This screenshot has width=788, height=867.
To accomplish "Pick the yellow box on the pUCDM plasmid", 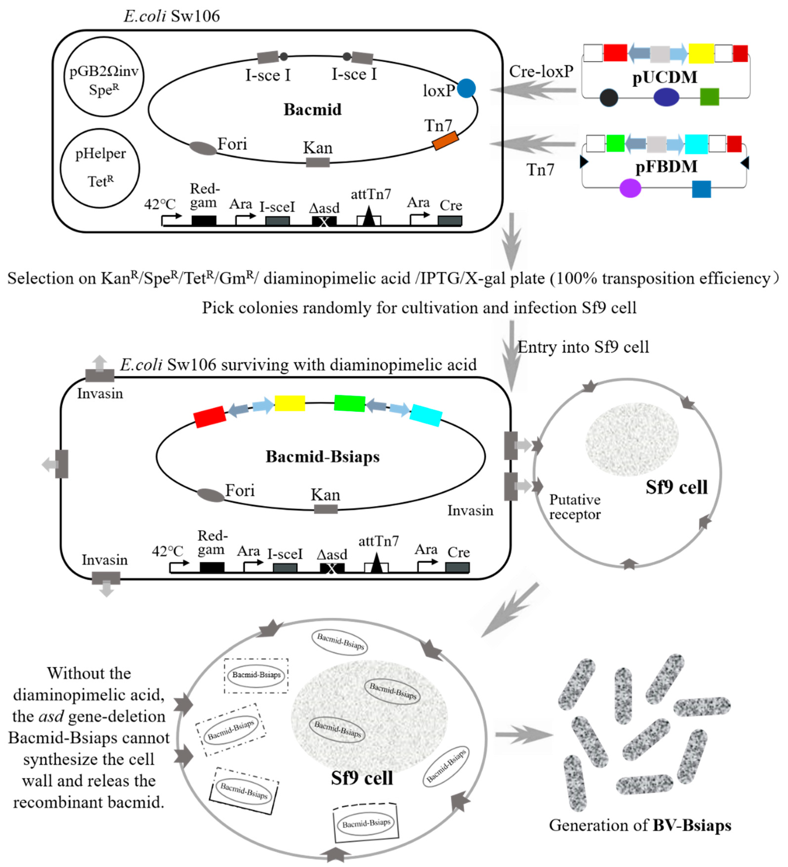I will click(701, 53).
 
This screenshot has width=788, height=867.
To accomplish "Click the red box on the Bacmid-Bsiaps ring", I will click(209, 416).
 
